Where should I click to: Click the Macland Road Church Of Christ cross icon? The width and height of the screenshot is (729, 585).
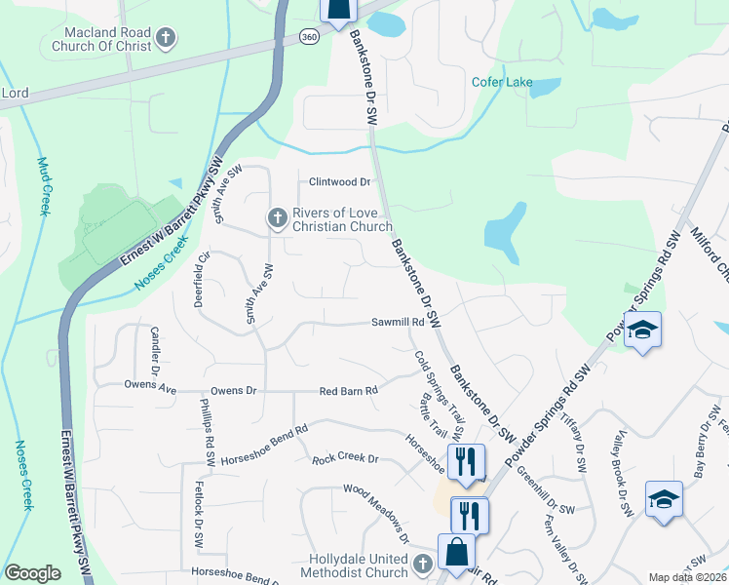[166, 39]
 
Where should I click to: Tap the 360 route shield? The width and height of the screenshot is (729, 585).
[309, 36]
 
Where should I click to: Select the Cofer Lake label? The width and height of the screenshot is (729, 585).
[502, 82]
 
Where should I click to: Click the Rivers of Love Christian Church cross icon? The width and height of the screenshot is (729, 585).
[277, 218]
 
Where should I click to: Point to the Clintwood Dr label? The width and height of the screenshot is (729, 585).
[340, 181]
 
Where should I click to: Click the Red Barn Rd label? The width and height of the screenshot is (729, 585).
[348, 391]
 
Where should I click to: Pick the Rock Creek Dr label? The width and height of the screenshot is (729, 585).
[344, 458]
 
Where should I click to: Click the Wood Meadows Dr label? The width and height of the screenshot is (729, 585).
[375, 511]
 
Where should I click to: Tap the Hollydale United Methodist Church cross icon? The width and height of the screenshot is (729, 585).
[423, 564]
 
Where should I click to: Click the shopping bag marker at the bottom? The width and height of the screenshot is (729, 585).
[456, 552]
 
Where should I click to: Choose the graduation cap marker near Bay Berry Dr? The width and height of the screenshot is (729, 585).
[665, 499]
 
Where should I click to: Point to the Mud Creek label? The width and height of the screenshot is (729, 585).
[43, 185]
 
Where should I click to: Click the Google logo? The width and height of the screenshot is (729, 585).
[32, 573]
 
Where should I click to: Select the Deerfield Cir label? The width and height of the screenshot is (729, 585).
[204, 281]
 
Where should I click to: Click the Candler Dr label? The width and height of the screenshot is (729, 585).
[154, 351]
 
